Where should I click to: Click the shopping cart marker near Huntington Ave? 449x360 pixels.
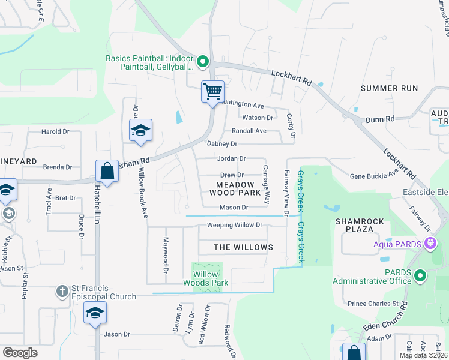[x=212, y=92]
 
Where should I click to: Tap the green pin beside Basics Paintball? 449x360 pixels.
[x=203, y=61]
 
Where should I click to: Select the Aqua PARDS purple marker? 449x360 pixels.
[x=430, y=244]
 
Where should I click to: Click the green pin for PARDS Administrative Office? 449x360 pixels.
[x=420, y=275]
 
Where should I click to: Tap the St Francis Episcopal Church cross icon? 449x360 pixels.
[x=61, y=292]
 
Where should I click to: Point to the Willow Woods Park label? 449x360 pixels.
[x=206, y=278]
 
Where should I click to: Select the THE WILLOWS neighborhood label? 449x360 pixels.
[x=243, y=247]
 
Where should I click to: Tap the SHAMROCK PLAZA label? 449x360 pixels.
[x=359, y=225]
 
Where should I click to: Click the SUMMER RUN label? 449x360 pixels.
[x=389, y=88]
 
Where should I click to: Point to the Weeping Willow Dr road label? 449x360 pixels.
[x=235, y=226]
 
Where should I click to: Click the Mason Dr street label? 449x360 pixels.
[x=234, y=208]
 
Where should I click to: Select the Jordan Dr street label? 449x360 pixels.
[x=232, y=159]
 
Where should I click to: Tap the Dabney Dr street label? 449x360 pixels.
[x=222, y=144]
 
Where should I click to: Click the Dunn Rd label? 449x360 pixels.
[x=382, y=119]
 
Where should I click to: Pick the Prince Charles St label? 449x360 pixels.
[x=373, y=304]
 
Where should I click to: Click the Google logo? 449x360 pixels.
[x=20, y=352]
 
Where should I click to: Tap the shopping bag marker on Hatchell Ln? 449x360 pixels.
[x=107, y=171]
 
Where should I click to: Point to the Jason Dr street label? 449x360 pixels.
[x=117, y=334]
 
